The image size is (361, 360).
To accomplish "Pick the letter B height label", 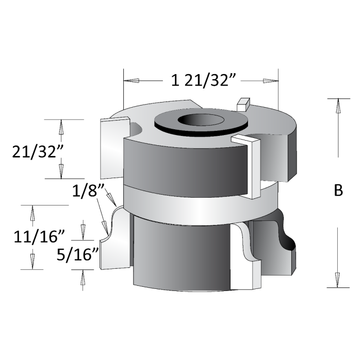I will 338,190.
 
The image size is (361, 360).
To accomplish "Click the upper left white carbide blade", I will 113,147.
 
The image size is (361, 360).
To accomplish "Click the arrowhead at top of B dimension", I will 338,105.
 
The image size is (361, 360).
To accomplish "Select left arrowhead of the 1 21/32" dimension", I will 131,80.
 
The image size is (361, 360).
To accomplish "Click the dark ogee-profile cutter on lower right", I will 278,245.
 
